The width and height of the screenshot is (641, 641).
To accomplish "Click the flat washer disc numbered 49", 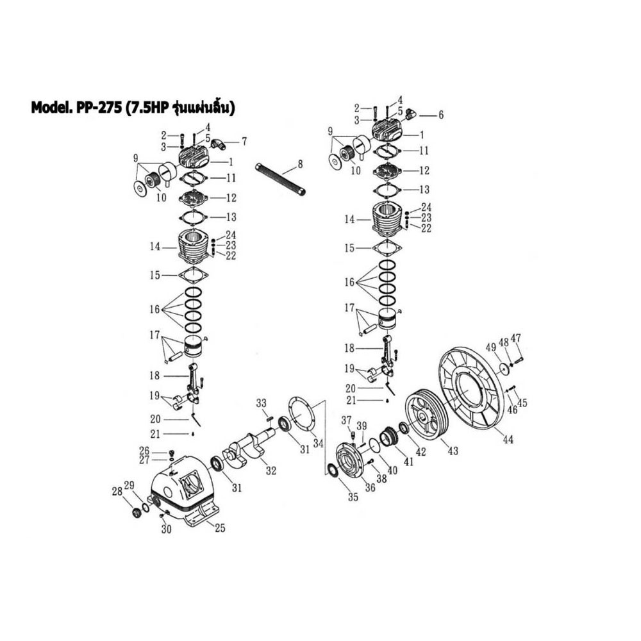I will (504, 369).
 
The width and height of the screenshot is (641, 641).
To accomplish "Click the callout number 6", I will (440, 115).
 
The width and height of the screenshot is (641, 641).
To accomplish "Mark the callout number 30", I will (166, 529).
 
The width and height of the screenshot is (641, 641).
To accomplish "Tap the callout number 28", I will (117, 492).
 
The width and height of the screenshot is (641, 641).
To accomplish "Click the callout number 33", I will (261, 403).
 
